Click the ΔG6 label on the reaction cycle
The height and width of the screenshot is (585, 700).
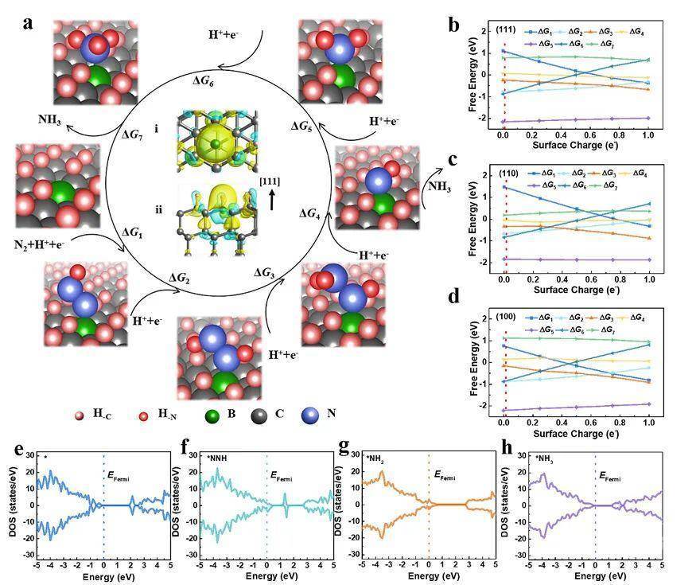click(204, 80)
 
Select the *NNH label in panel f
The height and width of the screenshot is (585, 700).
click(217, 458)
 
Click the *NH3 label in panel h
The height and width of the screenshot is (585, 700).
click(546, 458)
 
